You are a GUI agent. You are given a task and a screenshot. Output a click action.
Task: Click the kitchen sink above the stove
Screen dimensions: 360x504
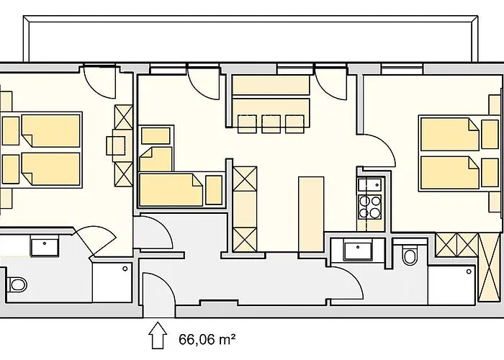[x=372, y=184]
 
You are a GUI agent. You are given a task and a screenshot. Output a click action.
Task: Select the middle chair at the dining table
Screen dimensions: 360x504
[x=271, y=124]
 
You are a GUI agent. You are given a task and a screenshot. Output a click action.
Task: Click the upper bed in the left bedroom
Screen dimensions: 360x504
[x=50, y=130]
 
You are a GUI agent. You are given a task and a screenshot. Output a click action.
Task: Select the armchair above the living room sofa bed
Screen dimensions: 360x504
[x=155, y=137]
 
